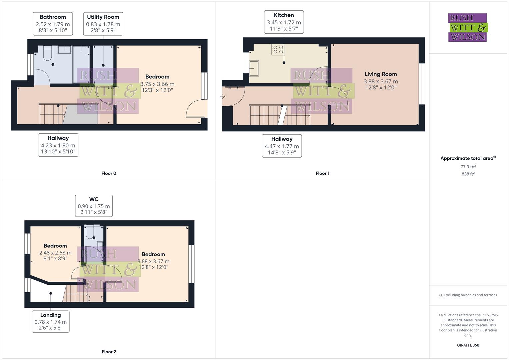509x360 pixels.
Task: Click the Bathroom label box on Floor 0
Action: [53, 24]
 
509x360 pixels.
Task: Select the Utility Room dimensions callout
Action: [103, 24]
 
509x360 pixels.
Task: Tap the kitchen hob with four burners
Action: [278, 50]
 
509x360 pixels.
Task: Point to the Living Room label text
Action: [381, 74]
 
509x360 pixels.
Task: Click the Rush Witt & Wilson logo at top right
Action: [467, 28]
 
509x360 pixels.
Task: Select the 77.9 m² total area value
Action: [468, 167]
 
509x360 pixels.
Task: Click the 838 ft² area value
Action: [468, 174]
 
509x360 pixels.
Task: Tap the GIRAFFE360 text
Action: [468, 345]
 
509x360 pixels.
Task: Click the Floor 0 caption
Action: [109, 173]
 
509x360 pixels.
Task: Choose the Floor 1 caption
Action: [322, 173]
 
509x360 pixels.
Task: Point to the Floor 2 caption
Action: [109, 352]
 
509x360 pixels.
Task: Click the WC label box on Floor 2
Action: [94, 206]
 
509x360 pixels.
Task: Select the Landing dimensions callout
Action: [51, 321]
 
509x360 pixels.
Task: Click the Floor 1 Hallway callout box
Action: [282, 146]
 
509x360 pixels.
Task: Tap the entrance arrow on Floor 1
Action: [222, 96]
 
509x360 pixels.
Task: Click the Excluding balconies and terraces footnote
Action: [468, 295]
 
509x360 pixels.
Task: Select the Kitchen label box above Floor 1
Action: [284, 22]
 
